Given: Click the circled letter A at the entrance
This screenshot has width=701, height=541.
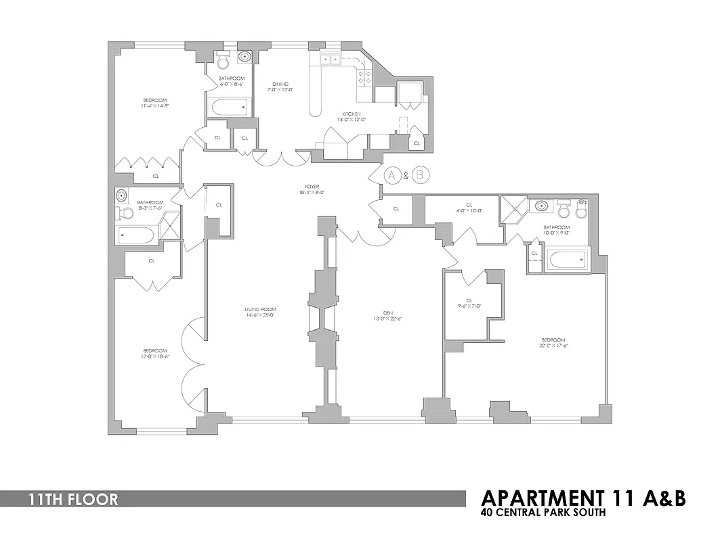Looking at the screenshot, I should click(x=392, y=175).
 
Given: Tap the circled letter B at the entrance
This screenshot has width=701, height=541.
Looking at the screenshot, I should click(x=421, y=175).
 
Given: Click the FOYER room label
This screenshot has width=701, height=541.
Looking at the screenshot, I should click(x=312, y=187).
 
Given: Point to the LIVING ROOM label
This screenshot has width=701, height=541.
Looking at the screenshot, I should click(x=260, y=310).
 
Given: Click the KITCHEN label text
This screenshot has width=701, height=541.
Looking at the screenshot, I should click(x=351, y=114).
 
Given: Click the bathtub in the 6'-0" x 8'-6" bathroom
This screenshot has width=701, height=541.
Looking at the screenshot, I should click(x=229, y=107).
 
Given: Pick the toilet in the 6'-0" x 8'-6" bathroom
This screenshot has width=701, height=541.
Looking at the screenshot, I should click(x=224, y=61).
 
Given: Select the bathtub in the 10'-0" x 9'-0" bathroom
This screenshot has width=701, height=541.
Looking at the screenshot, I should click(x=568, y=259).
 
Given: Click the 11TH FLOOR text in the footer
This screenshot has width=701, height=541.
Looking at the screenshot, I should click(x=73, y=500).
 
